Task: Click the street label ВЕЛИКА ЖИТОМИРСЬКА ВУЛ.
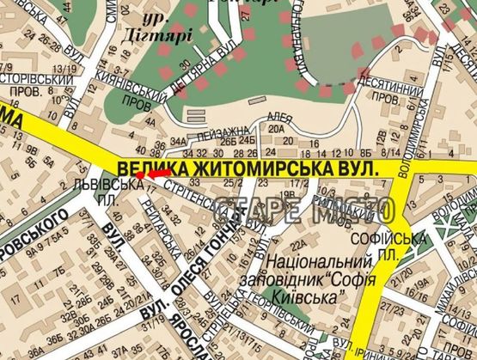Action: coord(248,168)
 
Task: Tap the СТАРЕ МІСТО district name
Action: coord(305,209)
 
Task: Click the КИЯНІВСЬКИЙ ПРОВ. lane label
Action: coord(130,95)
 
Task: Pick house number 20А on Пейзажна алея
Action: coord(276,129)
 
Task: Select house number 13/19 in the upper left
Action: coord(62,70)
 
